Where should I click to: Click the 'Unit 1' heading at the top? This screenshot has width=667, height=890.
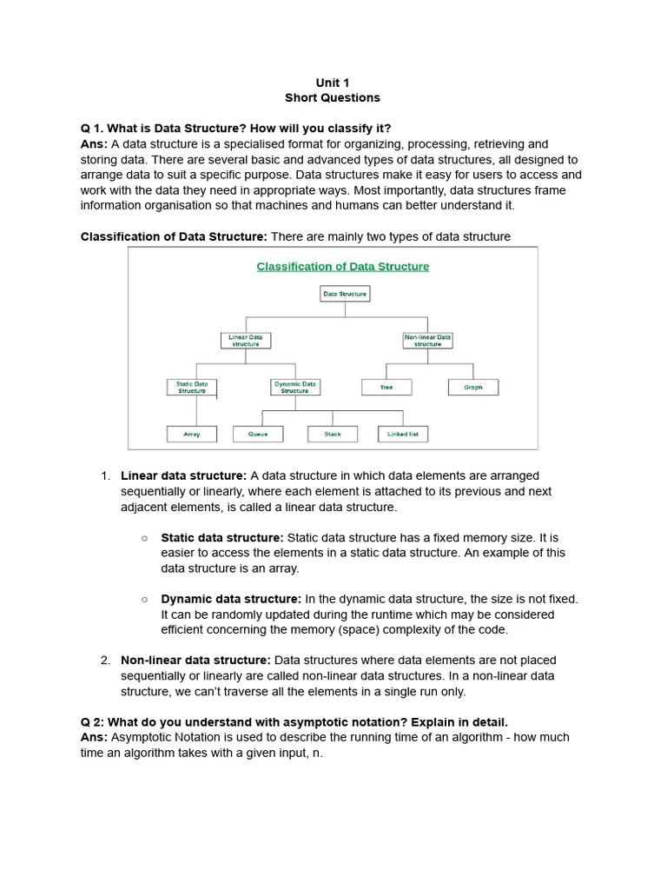click(333, 83)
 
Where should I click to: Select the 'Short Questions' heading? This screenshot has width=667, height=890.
click(333, 98)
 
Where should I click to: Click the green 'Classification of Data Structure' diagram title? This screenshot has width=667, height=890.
click(342, 267)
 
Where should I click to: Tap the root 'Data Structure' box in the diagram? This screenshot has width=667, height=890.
click(345, 295)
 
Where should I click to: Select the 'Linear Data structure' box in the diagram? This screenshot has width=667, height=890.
click(245, 340)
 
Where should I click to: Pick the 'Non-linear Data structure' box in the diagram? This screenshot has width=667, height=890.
click(427, 340)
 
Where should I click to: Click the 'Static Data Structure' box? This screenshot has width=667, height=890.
click(192, 387)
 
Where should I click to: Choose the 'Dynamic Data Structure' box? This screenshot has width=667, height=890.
click(294, 387)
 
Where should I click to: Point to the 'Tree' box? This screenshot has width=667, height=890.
click(386, 387)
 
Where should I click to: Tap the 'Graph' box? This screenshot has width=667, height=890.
click(473, 387)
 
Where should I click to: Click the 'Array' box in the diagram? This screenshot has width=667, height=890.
click(192, 434)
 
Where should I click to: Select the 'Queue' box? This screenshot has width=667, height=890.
click(259, 434)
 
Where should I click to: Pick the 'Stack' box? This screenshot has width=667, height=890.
click(333, 434)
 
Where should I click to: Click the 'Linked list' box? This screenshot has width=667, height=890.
click(403, 434)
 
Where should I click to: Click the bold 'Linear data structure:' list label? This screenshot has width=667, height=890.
click(183, 475)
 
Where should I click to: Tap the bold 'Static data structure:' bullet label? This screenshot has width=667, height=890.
click(221, 538)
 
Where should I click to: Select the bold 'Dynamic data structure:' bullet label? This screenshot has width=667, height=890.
click(231, 599)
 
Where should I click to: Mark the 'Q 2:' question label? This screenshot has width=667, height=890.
click(93, 722)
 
